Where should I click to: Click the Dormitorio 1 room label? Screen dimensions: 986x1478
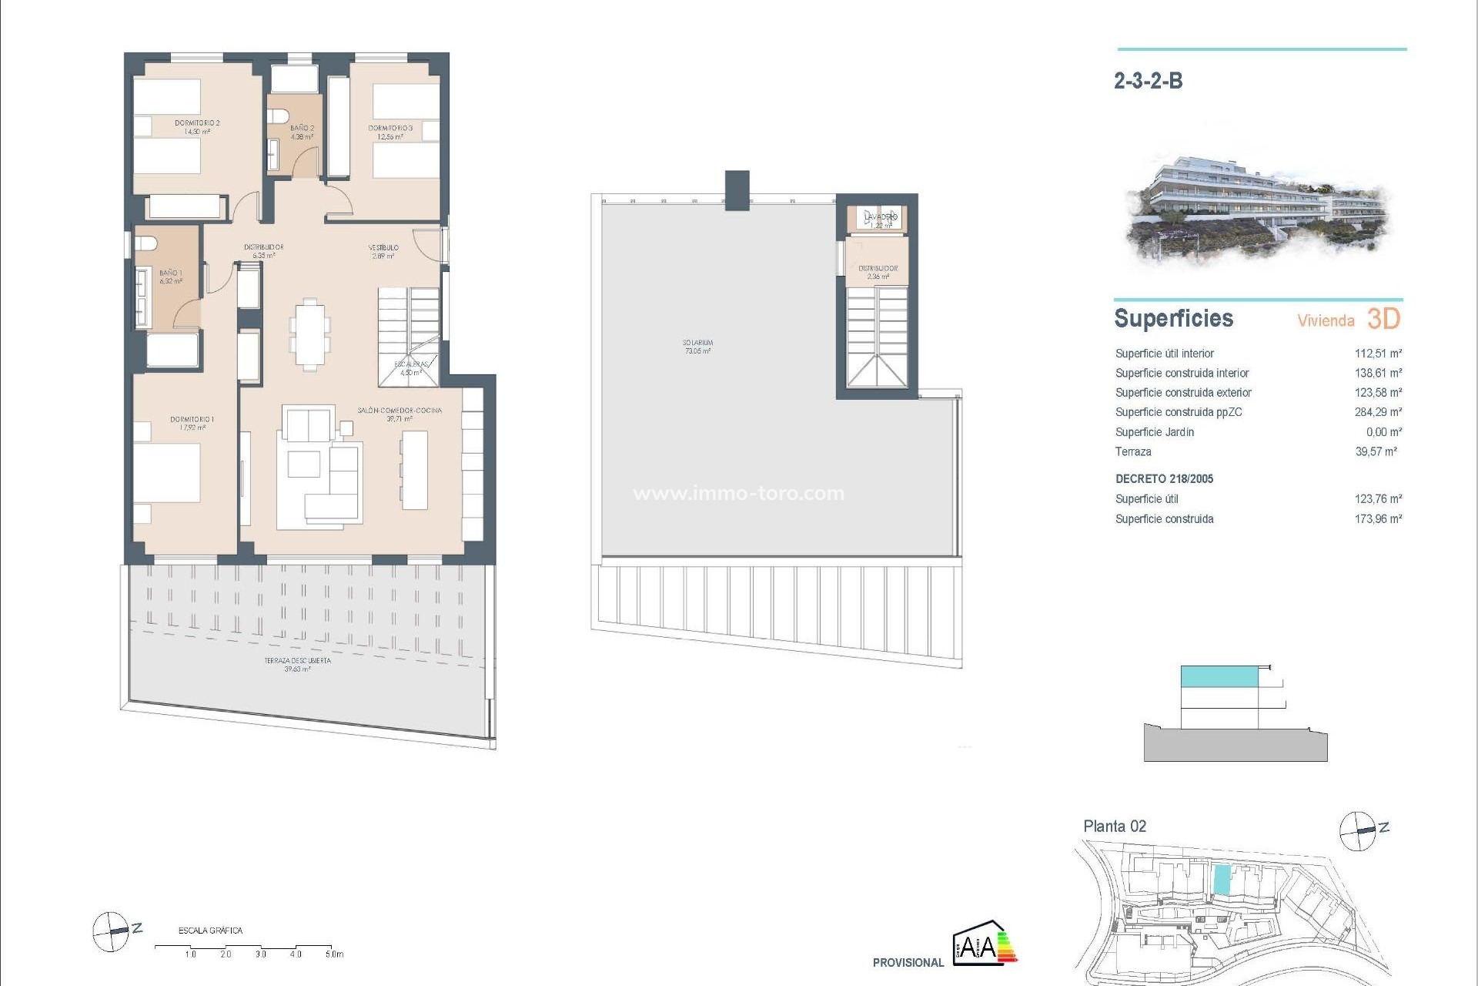click(x=192, y=423)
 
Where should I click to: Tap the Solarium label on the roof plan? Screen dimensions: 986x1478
click(x=697, y=346)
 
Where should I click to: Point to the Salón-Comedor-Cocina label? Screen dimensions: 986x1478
click(x=400, y=414)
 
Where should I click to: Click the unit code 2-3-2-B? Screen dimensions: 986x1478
click(x=1148, y=81)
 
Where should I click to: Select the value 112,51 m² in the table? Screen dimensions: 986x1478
click(x=1378, y=354)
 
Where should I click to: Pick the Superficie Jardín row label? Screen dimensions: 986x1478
click(x=1155, y=432)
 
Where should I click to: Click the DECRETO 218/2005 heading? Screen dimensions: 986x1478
click(x=1164, y=479)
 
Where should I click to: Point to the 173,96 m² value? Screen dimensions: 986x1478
click(x=1378, y=519)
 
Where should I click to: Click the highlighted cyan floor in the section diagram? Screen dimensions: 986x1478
click(x=1219, y=677)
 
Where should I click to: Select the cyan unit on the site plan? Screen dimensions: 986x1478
click(x=1222, y=880)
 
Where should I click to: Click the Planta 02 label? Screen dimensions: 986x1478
click(x=1115, y=827)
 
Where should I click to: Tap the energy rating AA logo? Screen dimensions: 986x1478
click(x=984, y=943)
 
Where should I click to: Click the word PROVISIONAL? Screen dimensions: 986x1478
click(x=908, y=963)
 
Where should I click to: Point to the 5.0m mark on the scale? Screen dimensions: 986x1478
click(x=333, y=954)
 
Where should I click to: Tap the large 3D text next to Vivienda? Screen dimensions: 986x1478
click(x=1383, y=319)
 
